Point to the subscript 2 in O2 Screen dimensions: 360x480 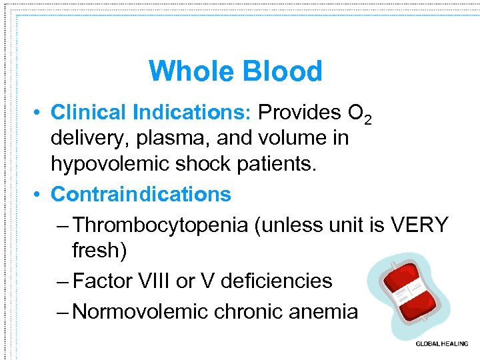tap(367, 120)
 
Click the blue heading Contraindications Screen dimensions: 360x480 tap(141, 194)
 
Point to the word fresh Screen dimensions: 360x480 tap(99, 251)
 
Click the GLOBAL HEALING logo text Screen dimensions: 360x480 tap(441, 344)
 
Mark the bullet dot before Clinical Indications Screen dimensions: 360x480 tap(41, 113)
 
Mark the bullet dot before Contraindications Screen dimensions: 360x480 tap(41, 195)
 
